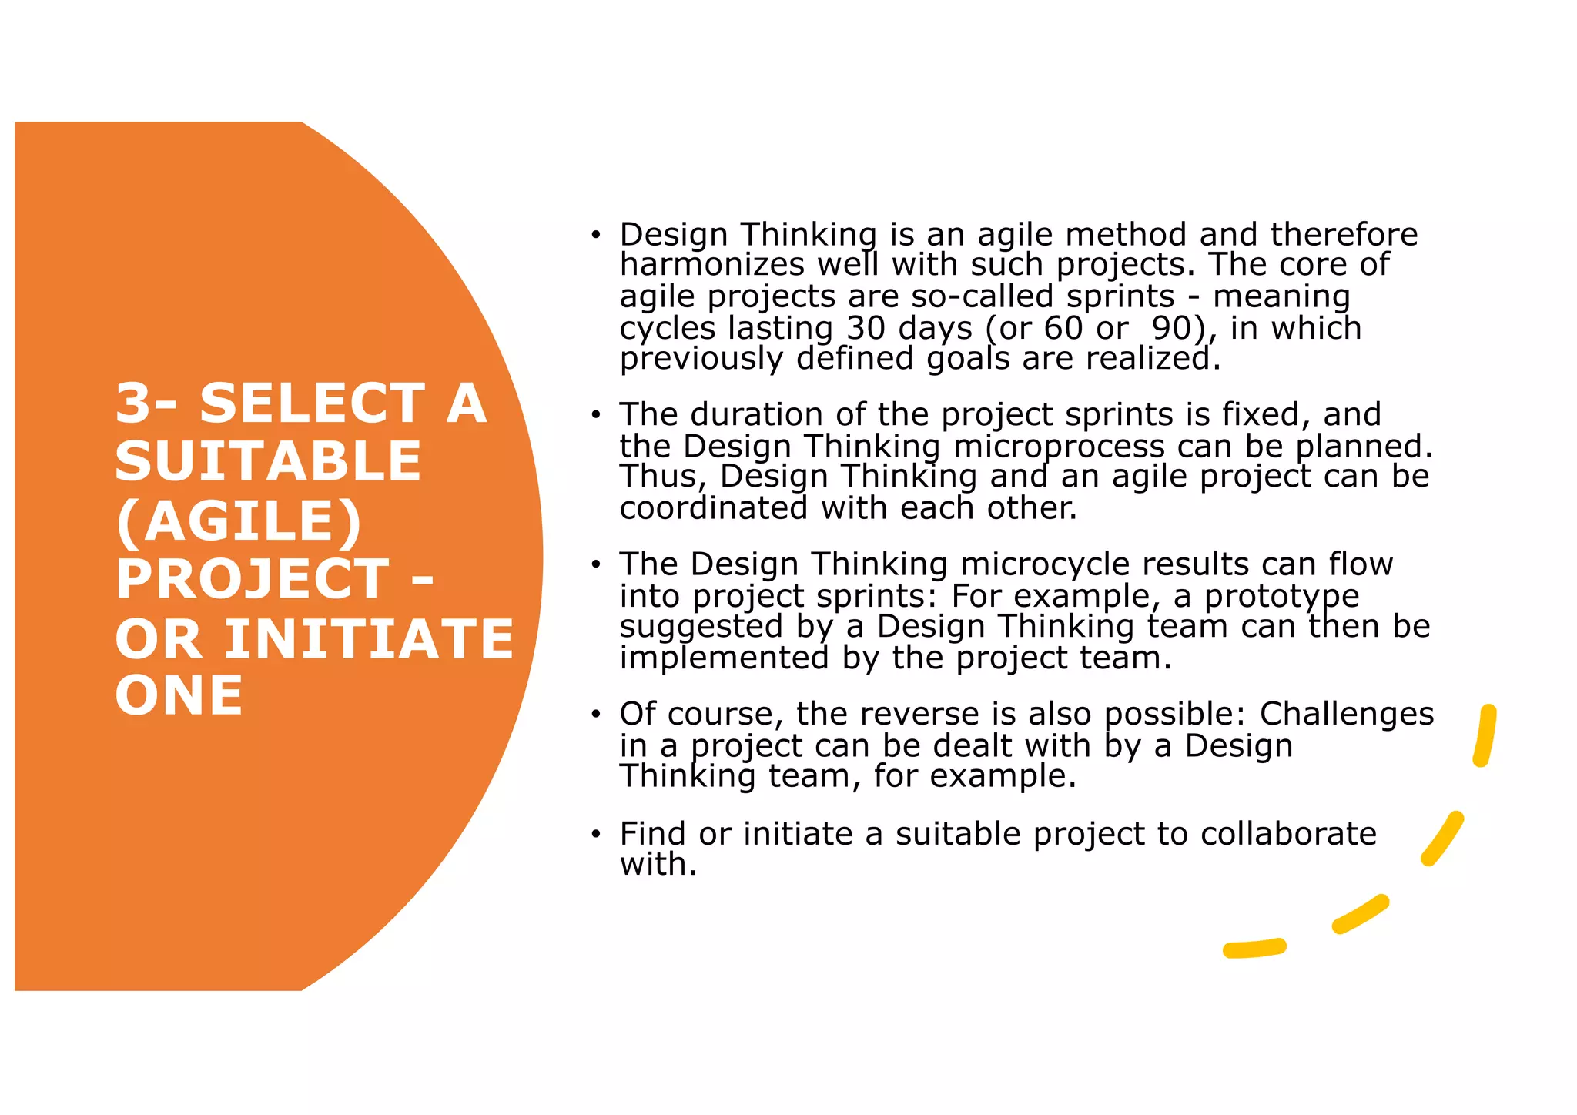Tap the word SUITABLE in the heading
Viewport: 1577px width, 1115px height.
coord(268,461)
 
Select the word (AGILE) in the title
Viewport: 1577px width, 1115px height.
coord(239,521)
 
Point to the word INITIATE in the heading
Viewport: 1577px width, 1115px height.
coord(369,639)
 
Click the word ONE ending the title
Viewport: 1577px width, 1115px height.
coord(179,696)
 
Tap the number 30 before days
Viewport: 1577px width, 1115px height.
coord(866,328)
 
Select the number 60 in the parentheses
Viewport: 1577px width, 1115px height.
coord(1063,328)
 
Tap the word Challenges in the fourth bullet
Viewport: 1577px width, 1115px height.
coord(1346,714)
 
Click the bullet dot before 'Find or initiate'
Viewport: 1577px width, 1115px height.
coord(595,834)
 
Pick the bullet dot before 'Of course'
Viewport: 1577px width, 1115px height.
coord(595,715)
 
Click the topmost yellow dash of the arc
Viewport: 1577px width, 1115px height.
coord(1485,735)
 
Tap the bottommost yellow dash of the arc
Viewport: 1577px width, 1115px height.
coord(1254,949)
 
